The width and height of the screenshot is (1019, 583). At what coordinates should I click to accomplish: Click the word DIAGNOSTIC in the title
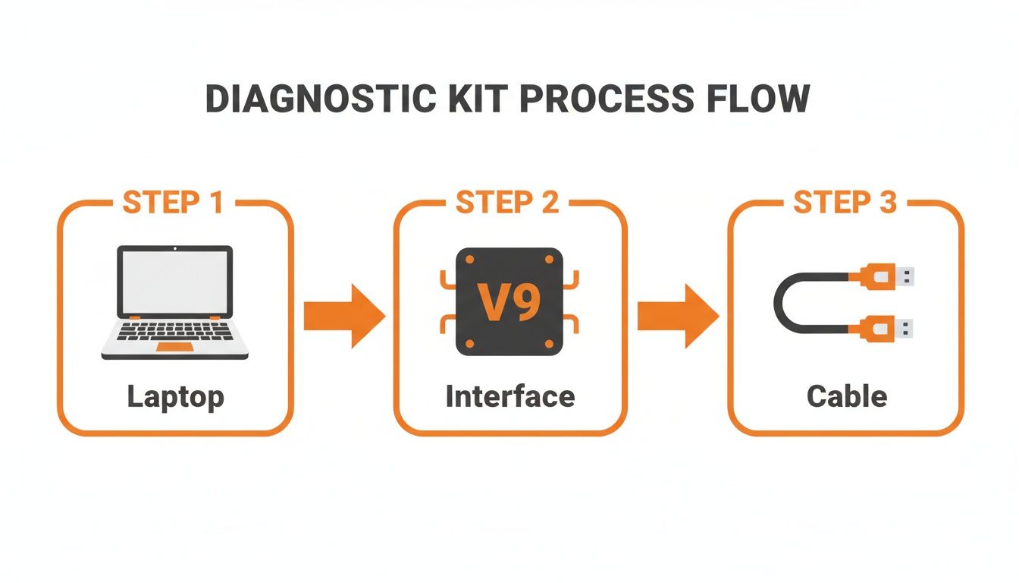(319, 100)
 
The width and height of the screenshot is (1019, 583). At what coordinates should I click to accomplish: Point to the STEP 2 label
(508, 203)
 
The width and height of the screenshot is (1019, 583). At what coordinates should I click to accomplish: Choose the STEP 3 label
(845, 203)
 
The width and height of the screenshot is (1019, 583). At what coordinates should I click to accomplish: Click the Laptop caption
(175, 397)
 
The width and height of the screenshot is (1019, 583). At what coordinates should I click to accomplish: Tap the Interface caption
(510, 397)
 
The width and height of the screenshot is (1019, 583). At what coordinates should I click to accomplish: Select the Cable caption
(847, 397)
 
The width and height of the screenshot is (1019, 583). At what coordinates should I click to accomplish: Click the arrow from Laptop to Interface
(342, 316)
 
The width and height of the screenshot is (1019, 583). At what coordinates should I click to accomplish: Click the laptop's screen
(175, 280)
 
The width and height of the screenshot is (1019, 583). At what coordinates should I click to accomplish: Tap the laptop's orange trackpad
(174, 347)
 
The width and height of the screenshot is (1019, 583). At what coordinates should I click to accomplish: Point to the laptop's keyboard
(175, 331)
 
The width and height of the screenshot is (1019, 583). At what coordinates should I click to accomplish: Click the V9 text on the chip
(509, 302)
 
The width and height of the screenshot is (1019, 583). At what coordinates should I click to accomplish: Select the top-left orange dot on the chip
(469, 260)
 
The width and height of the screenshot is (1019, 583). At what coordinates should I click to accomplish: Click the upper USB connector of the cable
(887, 276)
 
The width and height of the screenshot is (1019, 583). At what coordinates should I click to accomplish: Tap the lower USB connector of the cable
(887, 329)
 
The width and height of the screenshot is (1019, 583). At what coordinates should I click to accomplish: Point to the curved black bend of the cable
(782, 302)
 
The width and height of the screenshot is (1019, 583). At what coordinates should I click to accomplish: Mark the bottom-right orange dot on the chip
(549, 344)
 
